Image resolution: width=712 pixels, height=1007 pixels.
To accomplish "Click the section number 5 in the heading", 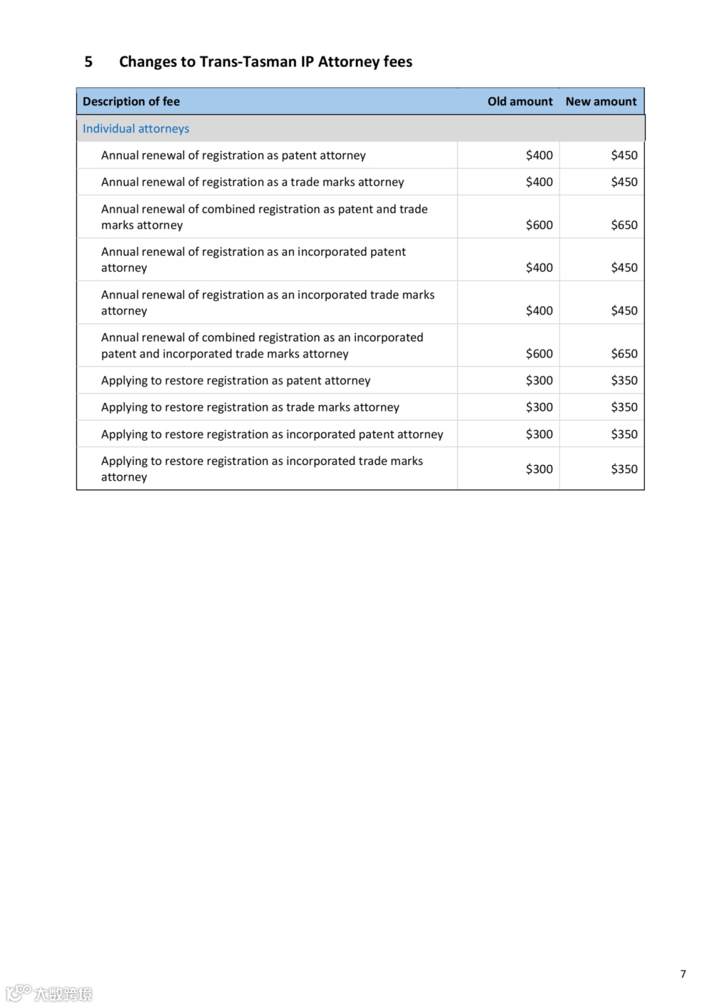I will [88, 62].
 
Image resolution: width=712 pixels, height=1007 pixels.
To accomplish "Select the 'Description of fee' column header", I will [131, 102].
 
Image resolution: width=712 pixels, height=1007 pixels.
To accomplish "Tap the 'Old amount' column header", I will [519, 102].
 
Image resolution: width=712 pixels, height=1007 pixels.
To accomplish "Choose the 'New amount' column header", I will [601, 102].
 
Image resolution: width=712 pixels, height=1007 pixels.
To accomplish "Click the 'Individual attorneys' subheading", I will [136, 129].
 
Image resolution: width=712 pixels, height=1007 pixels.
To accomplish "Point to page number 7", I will [683, 974].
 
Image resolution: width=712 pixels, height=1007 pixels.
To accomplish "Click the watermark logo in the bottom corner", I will [49, 993].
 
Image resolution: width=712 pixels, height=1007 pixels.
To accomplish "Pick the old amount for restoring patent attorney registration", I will [539, 381].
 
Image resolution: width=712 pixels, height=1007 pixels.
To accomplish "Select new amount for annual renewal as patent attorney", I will [624, 156].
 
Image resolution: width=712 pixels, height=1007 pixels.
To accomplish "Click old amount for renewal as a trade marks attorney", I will [539, 182].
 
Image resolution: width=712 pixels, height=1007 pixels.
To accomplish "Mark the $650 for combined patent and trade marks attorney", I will [624, 225].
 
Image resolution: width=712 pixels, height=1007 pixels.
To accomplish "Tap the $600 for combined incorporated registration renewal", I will [539, 353].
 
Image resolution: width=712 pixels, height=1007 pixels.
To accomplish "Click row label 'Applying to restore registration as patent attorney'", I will [235, 381].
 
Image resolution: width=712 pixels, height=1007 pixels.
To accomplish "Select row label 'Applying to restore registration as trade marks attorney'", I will [250, 408].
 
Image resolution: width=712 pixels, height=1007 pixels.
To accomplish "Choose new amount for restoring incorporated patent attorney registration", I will [624, 435].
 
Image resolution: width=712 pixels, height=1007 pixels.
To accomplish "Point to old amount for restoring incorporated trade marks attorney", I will [539, 469].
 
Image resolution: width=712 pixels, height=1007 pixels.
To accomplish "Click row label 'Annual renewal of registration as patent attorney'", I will [233, 156].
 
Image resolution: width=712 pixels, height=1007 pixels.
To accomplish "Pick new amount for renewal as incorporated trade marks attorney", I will [624, 311].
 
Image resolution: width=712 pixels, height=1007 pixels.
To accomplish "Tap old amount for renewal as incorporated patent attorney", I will [539, 268].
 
